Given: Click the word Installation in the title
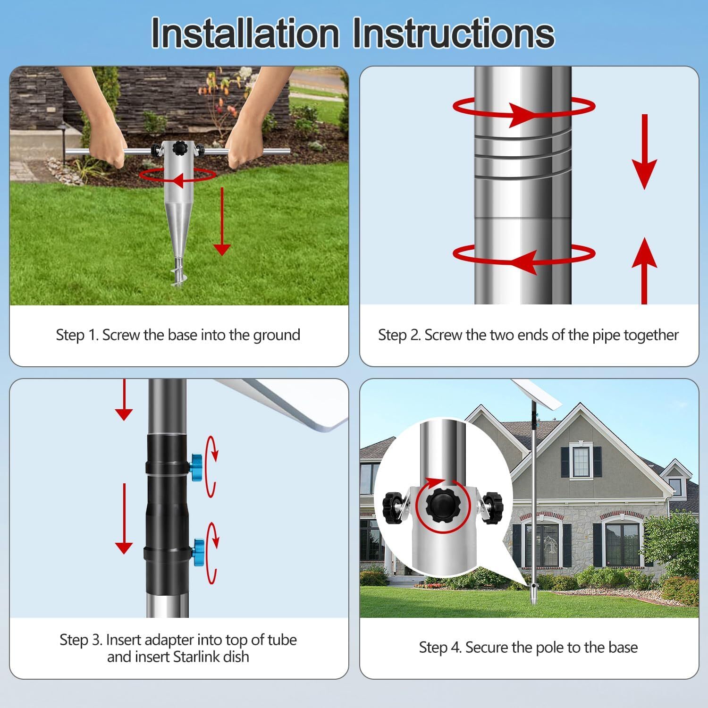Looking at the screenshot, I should [x=245, y=33].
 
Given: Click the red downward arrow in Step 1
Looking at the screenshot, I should [x=221, y=222].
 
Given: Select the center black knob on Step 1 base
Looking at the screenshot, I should [x=180, y=149].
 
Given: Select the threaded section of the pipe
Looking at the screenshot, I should [x=523, y=156].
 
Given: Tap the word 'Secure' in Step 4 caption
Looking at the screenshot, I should [x=487, y=648].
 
